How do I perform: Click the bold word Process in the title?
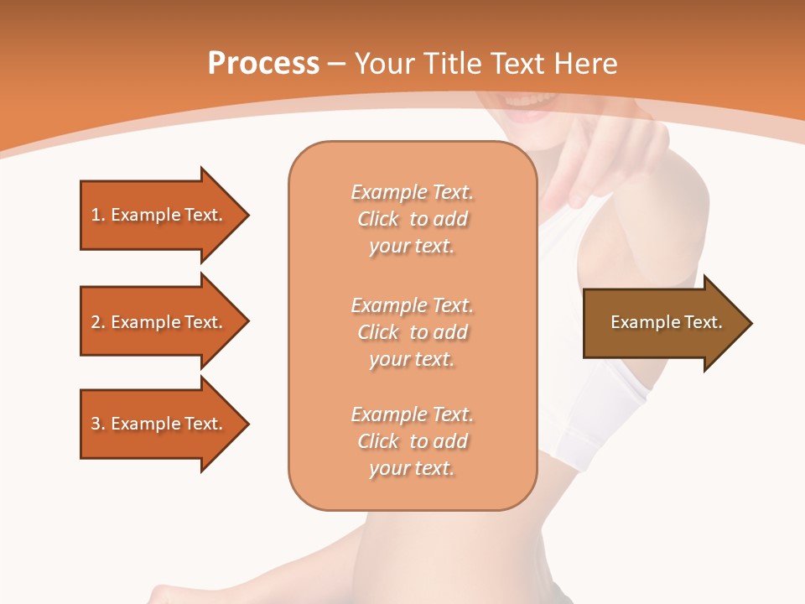(x=263, y=64)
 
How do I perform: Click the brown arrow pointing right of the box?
(x=662, y=322)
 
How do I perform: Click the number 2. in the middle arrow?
(x=97, y=322)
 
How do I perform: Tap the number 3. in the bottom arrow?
(x=97, y=424)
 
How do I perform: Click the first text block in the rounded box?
(x=412, y=219)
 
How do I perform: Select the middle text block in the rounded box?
(x=412, y=332)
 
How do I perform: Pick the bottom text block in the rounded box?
(x=412, y=441)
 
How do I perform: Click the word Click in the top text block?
(x=378, y=219)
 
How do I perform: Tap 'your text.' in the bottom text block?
(x=412, y=469)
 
